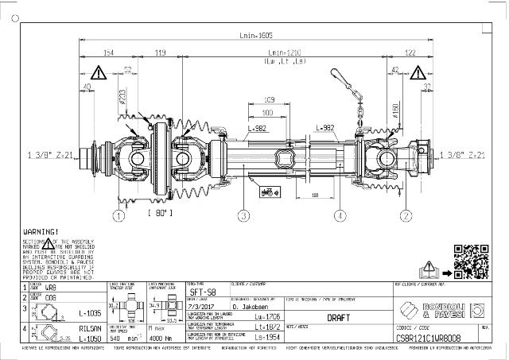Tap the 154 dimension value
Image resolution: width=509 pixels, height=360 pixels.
109,52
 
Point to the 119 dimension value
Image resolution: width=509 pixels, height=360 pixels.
159,52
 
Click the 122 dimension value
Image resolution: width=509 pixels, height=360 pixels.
410,52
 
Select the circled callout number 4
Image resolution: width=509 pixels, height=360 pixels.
340,215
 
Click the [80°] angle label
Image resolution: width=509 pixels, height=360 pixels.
161,212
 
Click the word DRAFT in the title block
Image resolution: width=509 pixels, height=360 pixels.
339,316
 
